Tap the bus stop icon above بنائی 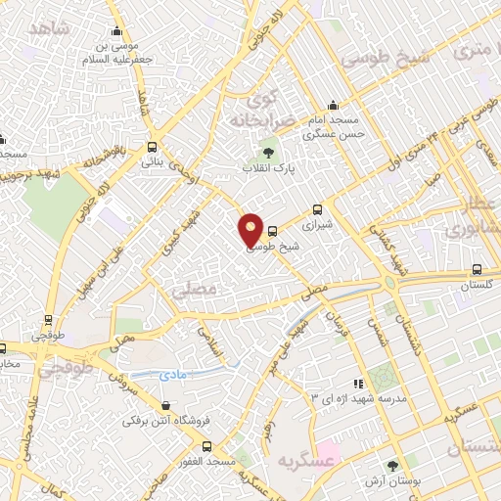click(152, 147)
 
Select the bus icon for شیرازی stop click(316, 209)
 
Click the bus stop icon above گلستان click(477, 270)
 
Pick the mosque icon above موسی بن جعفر click(117, 31)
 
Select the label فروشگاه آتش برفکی click(161, 422)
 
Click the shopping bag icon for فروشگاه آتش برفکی click(163, 406)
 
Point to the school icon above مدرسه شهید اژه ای click(359, 384)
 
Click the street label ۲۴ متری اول click(418, 150)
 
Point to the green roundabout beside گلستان click(392, 283)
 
